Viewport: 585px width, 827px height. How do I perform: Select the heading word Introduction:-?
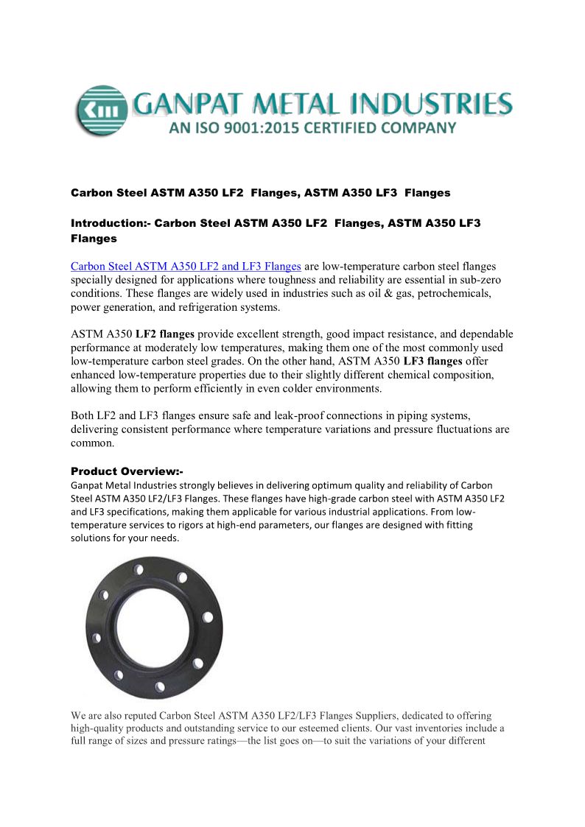(x=111, y=222)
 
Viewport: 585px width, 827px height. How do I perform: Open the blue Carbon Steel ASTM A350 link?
(x=186, y=266)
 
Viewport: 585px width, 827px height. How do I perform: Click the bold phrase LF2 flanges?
(x=165, y=334)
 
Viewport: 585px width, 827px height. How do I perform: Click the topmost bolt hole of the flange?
(x=138, y=568)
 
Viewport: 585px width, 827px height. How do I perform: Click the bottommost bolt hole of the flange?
(x=160, y=687)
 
